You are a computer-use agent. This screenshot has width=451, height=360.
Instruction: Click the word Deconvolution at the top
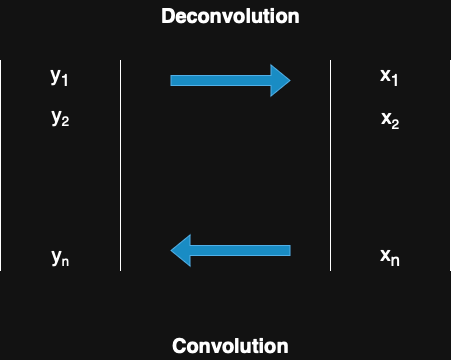230,16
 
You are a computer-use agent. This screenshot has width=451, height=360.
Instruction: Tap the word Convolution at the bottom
230,346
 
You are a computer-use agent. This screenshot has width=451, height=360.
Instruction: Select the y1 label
59,77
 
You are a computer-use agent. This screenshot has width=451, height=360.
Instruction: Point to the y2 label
59,118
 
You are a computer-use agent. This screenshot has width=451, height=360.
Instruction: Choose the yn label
59,257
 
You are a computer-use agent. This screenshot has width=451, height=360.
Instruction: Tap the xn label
390,256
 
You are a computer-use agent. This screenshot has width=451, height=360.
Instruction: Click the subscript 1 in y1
66,81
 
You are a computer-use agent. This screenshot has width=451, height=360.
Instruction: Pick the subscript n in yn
66,261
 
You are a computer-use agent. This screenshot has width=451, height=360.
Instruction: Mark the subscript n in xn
397,260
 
